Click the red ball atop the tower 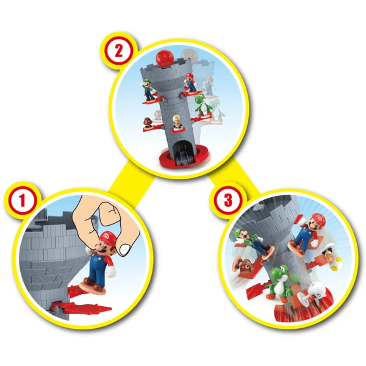(x=165, y=58)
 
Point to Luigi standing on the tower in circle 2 (x=148, y=90)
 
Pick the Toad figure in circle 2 (x=178, y=122)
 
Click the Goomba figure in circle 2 (x=148, y=124)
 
